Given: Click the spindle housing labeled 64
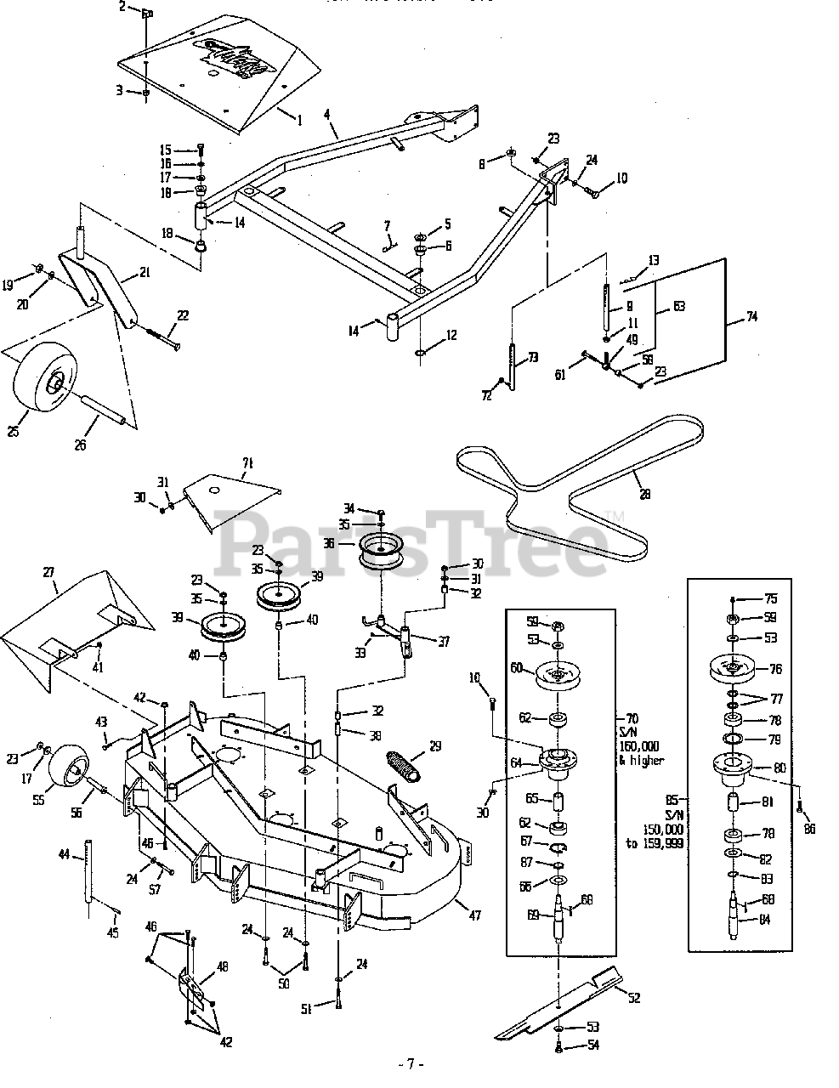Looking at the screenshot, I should pyautogui.click(x=558, y=761).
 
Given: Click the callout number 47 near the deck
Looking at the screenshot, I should pyautogui.click(x=474, y=915).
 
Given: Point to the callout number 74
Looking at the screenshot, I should pyautogui.click(x=751, y=316).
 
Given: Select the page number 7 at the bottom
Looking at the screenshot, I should pyautogui.click(x=410, y=1063).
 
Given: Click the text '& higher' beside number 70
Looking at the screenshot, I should pyautogui.click(x=643, y=761).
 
